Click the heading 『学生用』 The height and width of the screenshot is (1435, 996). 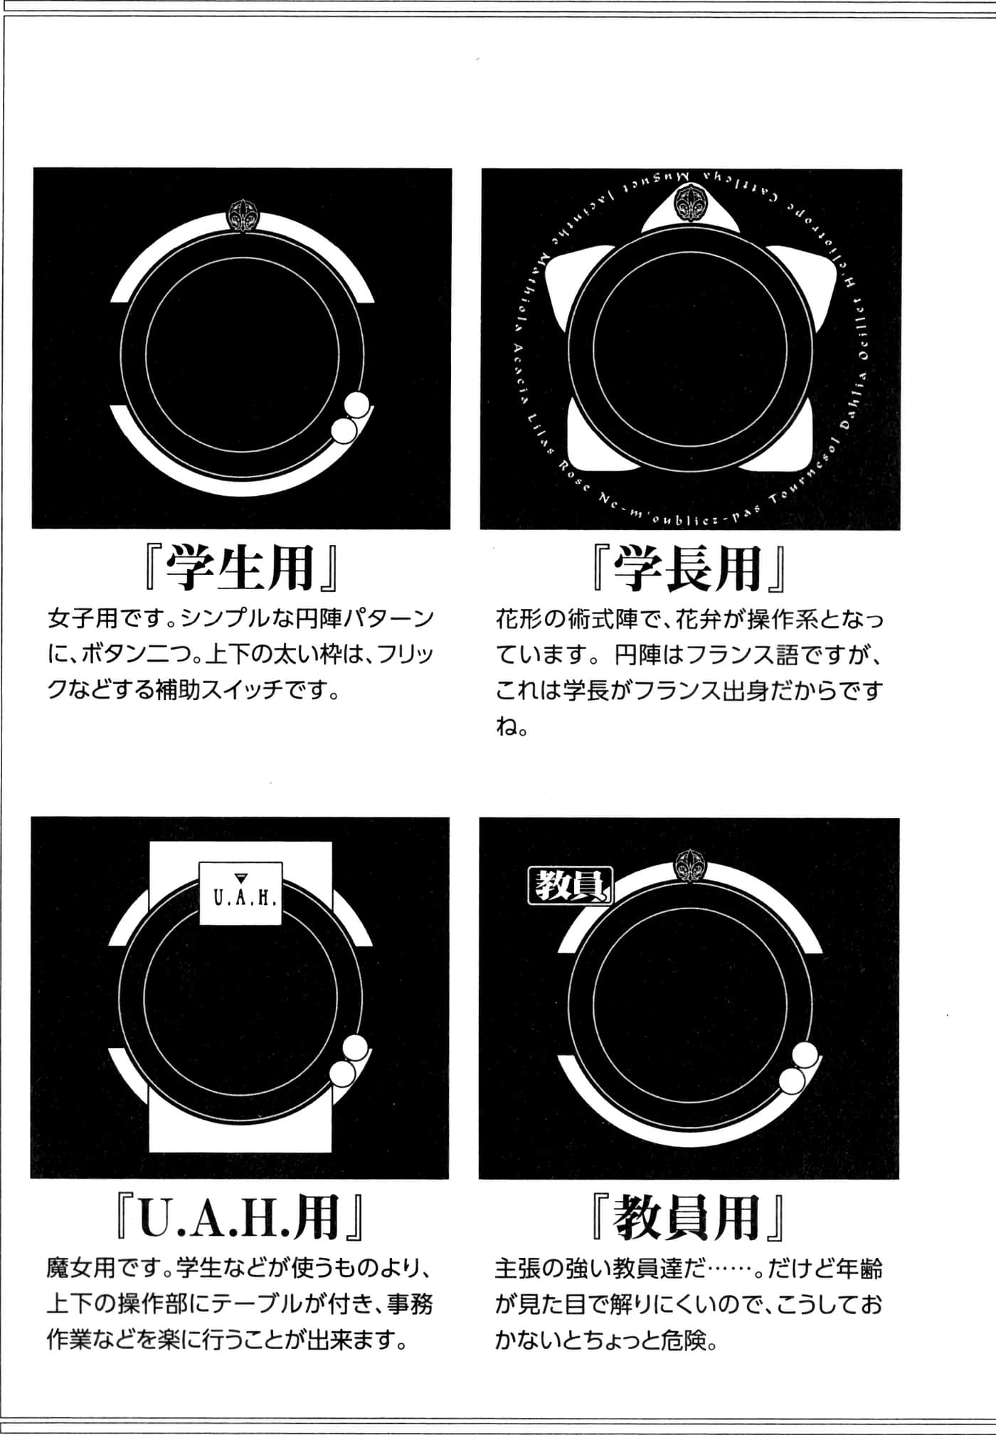(240, 568)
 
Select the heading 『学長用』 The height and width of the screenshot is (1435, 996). (689, 568)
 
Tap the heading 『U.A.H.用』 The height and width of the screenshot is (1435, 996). (240, 1218)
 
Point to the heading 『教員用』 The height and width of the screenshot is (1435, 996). (689, 1218)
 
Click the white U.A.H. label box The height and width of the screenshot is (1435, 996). (240, 894)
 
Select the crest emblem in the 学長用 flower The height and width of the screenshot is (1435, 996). (689, 203)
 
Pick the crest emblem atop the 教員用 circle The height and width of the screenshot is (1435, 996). (689, 867)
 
